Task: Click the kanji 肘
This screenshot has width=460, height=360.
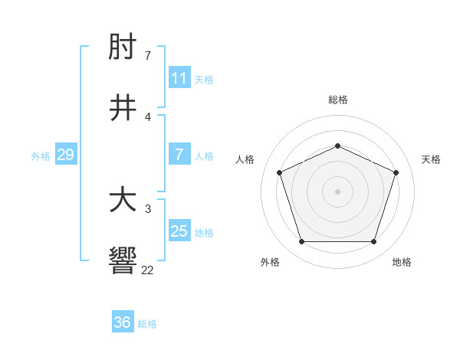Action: (123, 48)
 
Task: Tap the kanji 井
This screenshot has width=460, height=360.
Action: (123, 109)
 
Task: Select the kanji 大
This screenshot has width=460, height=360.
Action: (123, 201)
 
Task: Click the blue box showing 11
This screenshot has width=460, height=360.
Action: (179, 78)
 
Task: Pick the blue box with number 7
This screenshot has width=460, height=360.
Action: (179, 155)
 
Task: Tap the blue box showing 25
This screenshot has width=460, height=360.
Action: (179, 231)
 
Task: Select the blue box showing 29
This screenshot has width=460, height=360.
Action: (65, 155)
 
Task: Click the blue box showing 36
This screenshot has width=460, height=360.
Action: (123, 322)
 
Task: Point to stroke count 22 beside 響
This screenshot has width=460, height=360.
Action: (147, 270)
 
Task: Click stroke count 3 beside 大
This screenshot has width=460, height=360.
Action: (148, 208)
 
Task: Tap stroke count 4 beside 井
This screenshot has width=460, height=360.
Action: (148, 116)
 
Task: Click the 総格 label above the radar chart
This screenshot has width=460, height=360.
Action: (337, 100)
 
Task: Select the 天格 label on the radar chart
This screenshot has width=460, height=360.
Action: (431, 159)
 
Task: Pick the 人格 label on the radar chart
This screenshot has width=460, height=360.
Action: (245, 159)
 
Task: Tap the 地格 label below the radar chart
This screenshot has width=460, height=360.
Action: (402, 262)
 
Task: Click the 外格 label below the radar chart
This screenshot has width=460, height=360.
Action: (270, 262)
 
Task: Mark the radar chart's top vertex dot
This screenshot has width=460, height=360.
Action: (337, 145)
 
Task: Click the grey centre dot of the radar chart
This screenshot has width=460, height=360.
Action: (337, 191)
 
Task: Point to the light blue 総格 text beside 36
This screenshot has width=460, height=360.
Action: (147, 324)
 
